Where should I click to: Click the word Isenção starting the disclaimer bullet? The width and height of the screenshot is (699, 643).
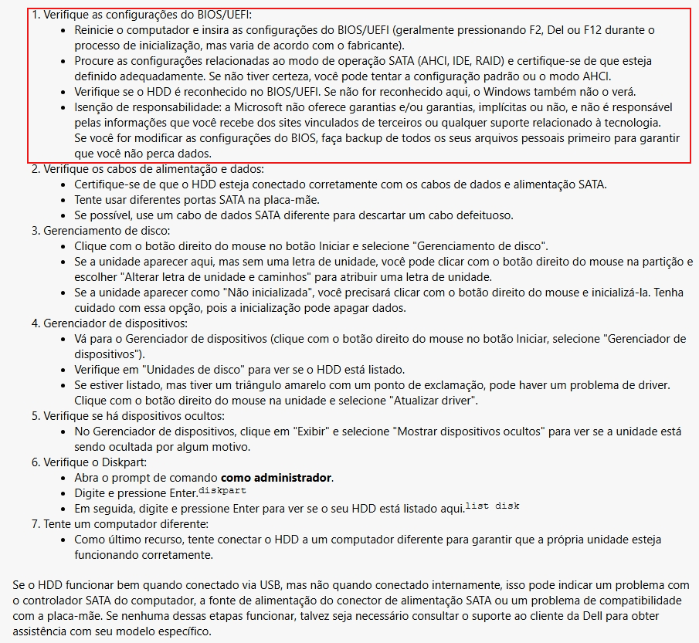pos(95,107)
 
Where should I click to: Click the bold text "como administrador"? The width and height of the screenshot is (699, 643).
pos(277,478)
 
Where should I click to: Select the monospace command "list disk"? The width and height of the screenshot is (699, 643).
pos(493,506)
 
